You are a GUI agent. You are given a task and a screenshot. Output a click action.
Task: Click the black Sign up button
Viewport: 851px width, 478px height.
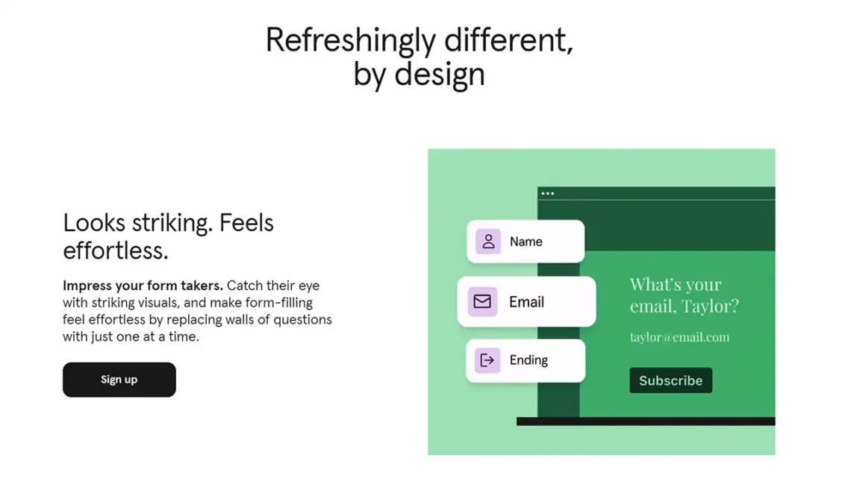(119, 380)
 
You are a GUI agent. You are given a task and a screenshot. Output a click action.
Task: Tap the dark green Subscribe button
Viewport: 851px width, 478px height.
(671, 380)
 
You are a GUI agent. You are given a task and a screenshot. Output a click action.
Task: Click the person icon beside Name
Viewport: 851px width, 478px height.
(488, 241)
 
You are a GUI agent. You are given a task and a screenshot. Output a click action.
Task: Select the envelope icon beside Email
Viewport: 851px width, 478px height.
(482, 301)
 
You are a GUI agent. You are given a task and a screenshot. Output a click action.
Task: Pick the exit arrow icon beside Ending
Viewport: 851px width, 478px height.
(487, 360)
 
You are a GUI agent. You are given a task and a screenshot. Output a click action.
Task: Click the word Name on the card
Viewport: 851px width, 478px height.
(526, 242)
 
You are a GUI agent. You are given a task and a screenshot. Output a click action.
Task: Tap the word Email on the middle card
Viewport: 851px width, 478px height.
(526, 302)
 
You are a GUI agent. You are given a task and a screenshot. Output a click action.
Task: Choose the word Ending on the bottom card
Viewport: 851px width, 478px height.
(529, 360)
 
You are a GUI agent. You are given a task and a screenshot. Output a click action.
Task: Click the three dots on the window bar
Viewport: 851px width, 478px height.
(548, 193)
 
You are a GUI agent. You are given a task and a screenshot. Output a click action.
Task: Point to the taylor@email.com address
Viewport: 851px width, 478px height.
(679, 337)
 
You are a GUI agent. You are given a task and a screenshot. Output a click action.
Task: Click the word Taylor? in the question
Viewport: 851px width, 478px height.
(711, 306)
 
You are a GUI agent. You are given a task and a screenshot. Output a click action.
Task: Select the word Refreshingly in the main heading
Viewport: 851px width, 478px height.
(351, 41)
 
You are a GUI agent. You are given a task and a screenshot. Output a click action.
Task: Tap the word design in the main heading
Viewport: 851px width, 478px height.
(440, 75)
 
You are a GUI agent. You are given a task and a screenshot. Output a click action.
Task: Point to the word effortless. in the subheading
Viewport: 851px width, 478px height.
(116, 251)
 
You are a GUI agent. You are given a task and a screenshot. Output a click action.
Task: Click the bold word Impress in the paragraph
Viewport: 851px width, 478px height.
(84, 286)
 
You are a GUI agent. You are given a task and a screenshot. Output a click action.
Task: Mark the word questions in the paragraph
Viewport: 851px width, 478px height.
(302, 320)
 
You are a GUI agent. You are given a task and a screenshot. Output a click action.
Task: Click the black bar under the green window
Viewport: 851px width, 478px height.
(646, 421)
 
